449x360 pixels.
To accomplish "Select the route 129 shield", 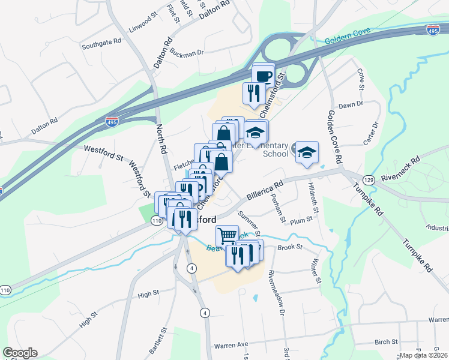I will pyautogui.click(x=369, y=179).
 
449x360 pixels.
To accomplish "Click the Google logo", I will pyautogui.click(x=20, y=353).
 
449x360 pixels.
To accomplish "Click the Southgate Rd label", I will pyautogui.click(x=101, y=44).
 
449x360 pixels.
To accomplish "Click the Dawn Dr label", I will pyautogui.click(x=351, y=104).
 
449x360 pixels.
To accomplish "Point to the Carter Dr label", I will pyautogui.click(x=373, y=133).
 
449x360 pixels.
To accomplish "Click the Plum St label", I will pyautogui.click(x=301, y=220).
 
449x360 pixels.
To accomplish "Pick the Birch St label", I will pyautogui.click(x=385, y=342).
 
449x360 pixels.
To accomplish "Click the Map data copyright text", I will pyautogui.click(x=424, y=355).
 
